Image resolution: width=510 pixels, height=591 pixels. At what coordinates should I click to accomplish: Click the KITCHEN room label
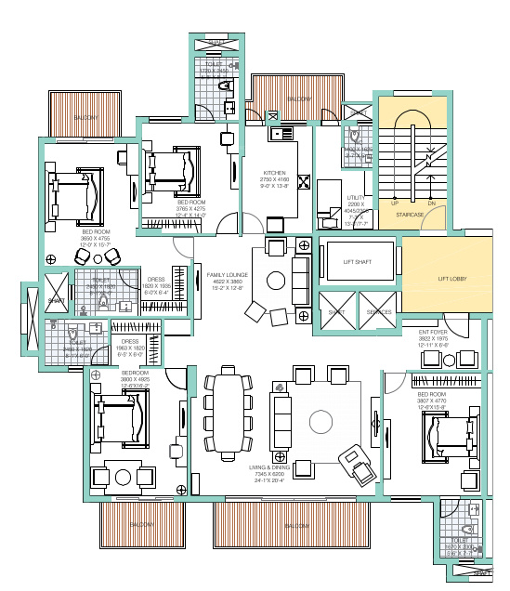pyautogui.click(x=273, y=173)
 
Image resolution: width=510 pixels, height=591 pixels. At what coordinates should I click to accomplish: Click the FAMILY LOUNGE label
pyautogui.click(x=228, y=276)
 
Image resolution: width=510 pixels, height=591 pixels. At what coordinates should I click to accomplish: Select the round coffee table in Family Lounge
pyautogui.click(x=277, y=280)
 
